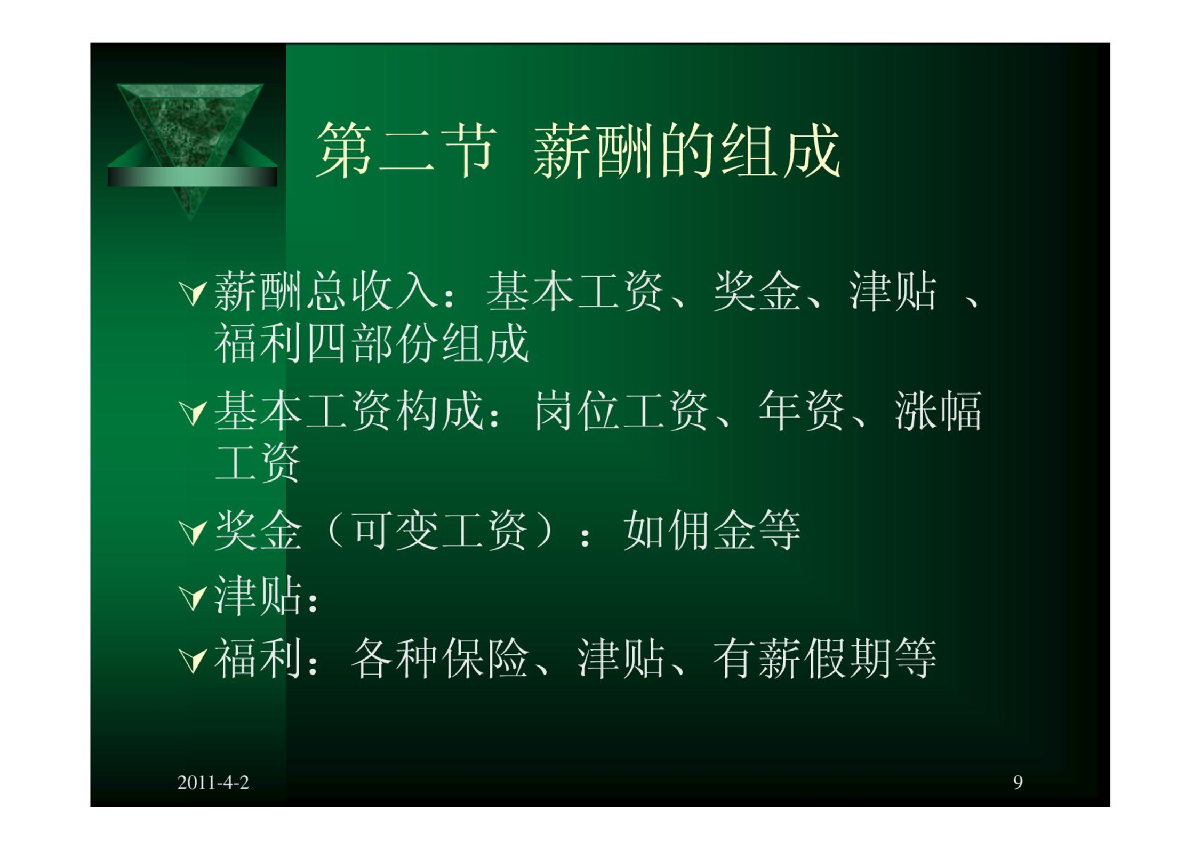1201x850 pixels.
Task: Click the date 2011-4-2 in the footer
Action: coord(213,782)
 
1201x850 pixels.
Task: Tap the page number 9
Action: coord(1018,782)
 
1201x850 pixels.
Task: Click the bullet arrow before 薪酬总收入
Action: coord(193,293)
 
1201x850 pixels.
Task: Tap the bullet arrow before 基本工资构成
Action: coord(193,413)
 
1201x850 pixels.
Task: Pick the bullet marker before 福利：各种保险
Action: coord(193,661)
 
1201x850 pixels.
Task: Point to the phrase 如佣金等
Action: coord(712,530)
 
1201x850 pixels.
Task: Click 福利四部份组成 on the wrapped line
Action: coord(372,343)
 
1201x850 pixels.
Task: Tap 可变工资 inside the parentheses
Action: coord(440,530)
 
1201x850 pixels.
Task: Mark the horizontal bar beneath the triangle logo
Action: coord(193,177)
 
